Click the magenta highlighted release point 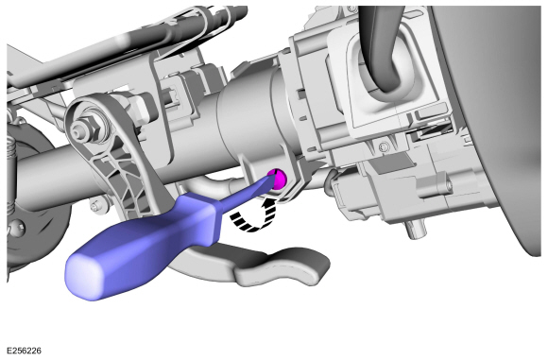279,176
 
